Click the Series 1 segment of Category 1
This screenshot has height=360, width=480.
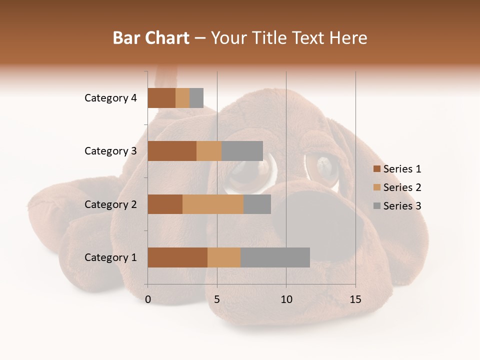click(x=177, y=257)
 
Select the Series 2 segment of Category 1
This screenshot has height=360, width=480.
click(x=224, y=257)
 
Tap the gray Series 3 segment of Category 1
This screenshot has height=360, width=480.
click(x=275, y=257)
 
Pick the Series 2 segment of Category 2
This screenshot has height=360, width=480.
click(x=213, y=204)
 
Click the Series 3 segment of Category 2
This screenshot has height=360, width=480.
click(x=257, y=204)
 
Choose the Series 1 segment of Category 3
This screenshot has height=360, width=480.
click(x=172, y=151)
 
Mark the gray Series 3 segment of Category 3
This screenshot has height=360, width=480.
click(x=242, y=151)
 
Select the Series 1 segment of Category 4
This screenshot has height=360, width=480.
click(x=161, y=98)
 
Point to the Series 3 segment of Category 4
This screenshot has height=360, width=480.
click(x=196, y=98)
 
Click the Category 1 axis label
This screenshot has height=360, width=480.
click(x=110, y=257)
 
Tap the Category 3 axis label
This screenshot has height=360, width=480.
click(x=110, y=151)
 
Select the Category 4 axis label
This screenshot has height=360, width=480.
click(x=110, y=98)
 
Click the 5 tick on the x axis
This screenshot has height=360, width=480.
click(x=217, y=299)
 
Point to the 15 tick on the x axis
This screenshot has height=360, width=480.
click(x=355, y=299)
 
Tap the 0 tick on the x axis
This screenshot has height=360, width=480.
click(x=148, y=299)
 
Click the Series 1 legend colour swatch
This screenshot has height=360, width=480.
click(x=377, y=169)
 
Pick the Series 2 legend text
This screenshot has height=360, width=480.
click(x=402, y=187)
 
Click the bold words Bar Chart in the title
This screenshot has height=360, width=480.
click(x=151, y=38)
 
